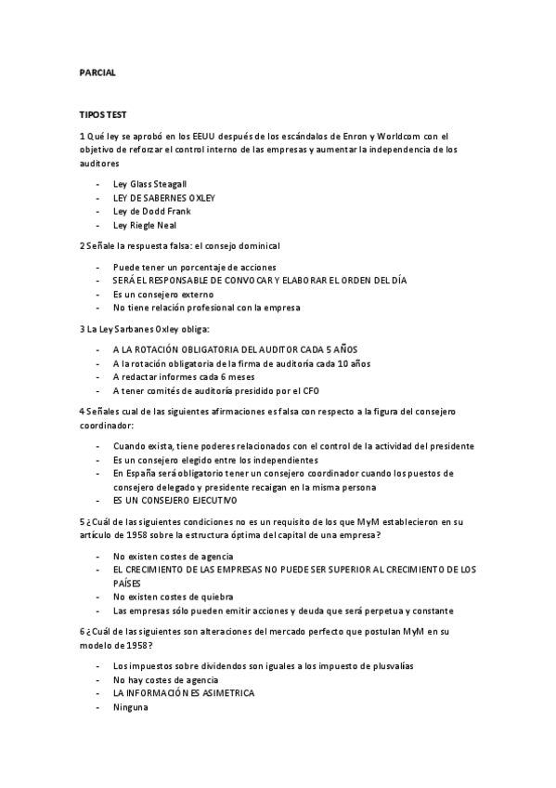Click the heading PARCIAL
coord(97,72)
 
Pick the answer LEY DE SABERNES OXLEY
coord(163,198)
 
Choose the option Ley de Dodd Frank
coord(151,212)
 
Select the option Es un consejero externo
coord(162,294)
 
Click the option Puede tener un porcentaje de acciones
coord(188,266)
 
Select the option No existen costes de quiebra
coord(172,596)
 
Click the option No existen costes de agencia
coord(173,555)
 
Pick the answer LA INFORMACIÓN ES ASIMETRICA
coord(183,692)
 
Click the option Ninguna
coord(130,706)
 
